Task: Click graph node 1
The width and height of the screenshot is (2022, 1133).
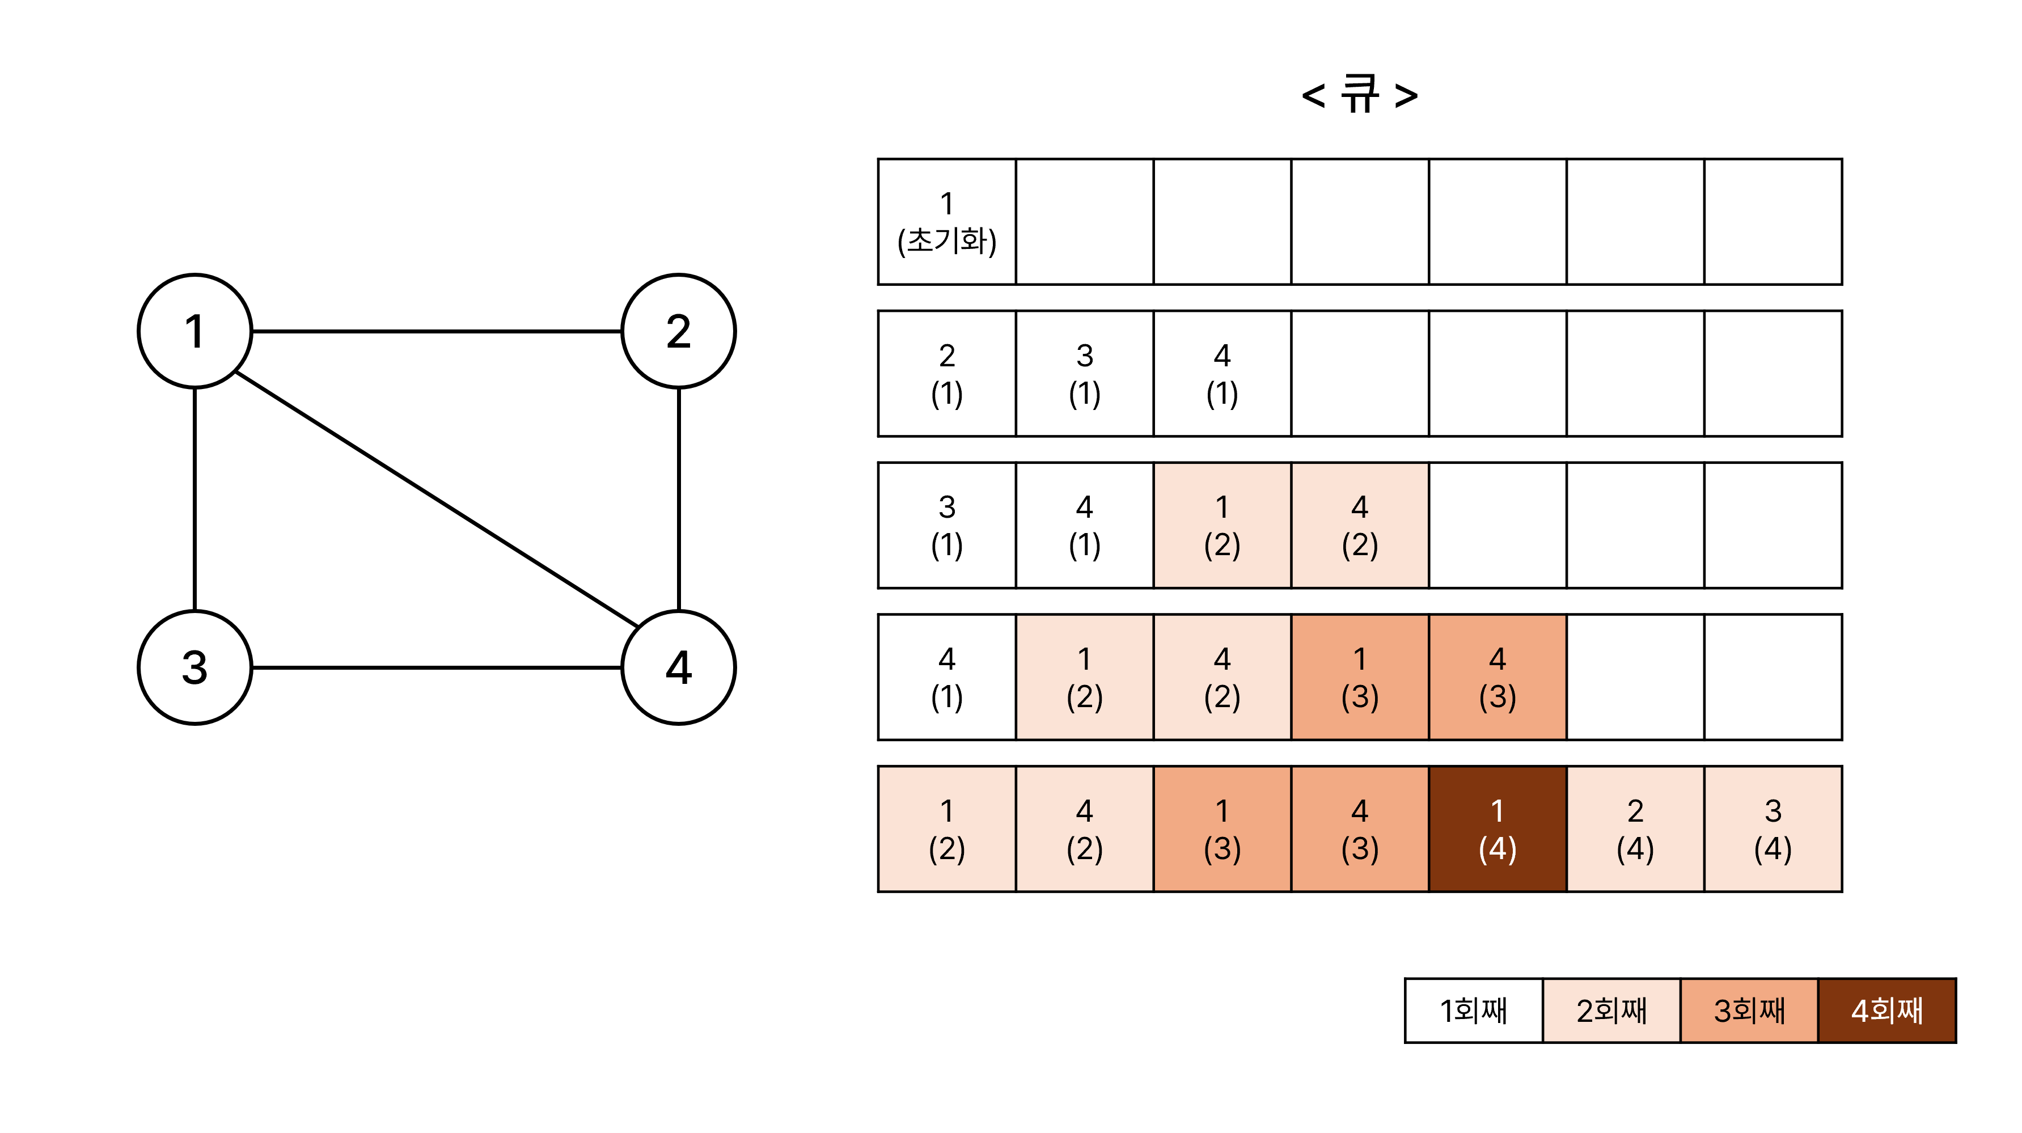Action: tap(194, 331)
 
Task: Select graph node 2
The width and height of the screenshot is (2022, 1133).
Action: tap(678, 331)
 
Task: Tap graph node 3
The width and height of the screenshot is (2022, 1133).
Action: tap(194, 667)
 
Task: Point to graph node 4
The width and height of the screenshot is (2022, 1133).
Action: tap(678, 667)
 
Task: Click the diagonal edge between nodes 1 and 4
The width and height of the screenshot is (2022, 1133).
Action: tap(437, 500)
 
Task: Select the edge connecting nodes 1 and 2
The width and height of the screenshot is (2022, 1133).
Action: tap(437, 331)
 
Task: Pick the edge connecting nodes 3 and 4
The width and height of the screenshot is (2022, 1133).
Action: tap(437, 667)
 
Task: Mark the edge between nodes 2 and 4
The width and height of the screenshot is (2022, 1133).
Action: tap(678, 500)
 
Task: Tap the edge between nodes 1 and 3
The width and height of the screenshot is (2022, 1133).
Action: tap(194, 500)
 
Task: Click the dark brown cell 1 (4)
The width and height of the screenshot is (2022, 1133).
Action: tap(1497, 829)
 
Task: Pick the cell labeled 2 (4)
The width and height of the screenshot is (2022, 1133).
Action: tap(1635, 829)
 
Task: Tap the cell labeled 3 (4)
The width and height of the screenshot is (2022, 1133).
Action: tap(1773, 829)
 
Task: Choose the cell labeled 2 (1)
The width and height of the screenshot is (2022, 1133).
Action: tap(946, 374)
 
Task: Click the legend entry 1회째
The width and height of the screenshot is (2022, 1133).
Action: tap(1473, 1011)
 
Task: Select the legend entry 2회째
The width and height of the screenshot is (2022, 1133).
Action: tap(1611, 1011)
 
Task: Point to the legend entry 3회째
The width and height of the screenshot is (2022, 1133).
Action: tap(1749, 1011)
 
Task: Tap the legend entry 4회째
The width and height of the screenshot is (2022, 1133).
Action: tap(1887, 1011)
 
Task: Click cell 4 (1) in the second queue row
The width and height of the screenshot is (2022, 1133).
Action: tap(1222, 374)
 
